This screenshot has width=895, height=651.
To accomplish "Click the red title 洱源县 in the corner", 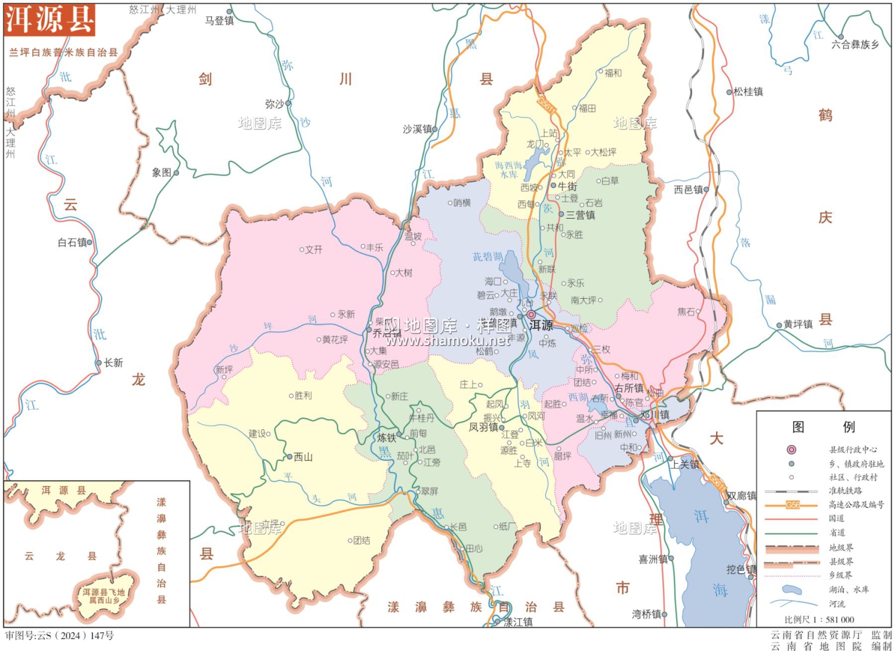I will click(50, 20).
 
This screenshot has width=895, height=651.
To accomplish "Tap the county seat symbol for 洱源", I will click(530, 314).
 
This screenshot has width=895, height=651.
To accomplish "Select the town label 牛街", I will click(567, 186).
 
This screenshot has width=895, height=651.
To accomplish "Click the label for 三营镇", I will click(580, 215).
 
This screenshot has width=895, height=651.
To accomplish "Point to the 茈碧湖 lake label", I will click(487, 256).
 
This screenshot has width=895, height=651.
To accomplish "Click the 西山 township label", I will click(303, 457).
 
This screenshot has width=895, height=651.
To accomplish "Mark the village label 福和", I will click(613, 73).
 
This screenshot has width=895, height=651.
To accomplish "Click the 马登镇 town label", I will click(219, 20).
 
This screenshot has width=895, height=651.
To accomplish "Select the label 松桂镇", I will click(748, 91).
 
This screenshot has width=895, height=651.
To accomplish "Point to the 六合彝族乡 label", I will click(855, 44).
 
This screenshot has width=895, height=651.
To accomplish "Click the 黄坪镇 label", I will click(798, 324).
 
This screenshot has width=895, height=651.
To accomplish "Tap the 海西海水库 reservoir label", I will click(508, 169).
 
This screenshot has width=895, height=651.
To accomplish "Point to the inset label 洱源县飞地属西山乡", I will click(104, 596).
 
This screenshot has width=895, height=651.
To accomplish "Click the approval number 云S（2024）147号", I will click(60, 635).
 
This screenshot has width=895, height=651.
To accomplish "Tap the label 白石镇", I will click(72, 242).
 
